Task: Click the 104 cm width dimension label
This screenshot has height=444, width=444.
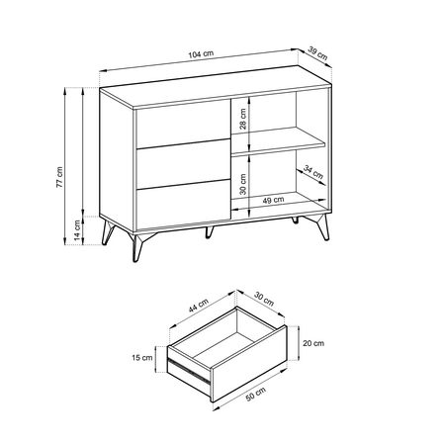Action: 201,54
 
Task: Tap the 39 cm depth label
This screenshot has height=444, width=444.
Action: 318,53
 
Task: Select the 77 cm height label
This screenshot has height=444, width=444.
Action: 59,177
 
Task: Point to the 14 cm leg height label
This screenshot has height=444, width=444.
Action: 77,230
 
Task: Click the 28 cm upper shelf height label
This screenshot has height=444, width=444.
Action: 243,119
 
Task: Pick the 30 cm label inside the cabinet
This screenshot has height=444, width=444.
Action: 243,184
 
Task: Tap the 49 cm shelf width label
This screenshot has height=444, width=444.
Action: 273,200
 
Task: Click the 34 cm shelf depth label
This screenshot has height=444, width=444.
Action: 313,172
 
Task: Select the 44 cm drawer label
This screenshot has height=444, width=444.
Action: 199,306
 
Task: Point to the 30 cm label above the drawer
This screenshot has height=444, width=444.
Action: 264,299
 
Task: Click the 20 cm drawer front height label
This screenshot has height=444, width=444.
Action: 313,343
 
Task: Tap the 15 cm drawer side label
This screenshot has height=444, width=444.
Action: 142,357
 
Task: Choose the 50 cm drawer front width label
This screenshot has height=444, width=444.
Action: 256,395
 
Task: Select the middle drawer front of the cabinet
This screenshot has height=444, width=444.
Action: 183,164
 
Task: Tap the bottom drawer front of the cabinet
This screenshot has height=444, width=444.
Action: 183,205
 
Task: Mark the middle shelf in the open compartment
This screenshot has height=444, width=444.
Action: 279,141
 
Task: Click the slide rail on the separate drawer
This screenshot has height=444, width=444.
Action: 189,372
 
